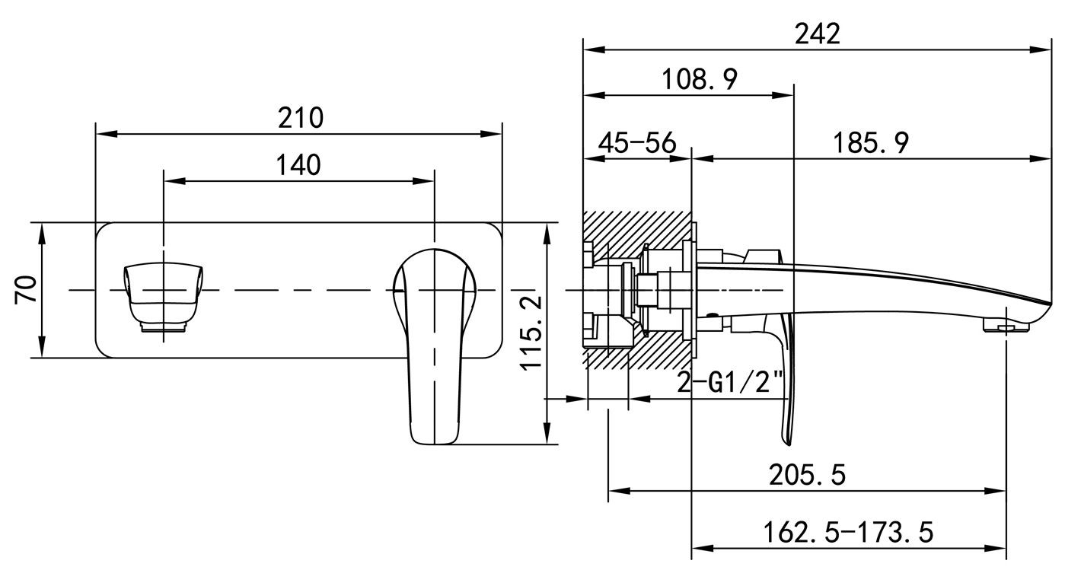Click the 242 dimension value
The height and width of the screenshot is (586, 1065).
point(817,33)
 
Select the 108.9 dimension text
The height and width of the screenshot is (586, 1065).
point(699,78)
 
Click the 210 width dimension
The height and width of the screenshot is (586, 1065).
point(300,118)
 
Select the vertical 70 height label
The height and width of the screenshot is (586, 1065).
point(27,290)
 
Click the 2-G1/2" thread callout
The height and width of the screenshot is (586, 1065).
point(732,381)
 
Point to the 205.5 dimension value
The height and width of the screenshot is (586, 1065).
point(807,475)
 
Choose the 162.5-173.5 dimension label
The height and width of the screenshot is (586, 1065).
point(847,532)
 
